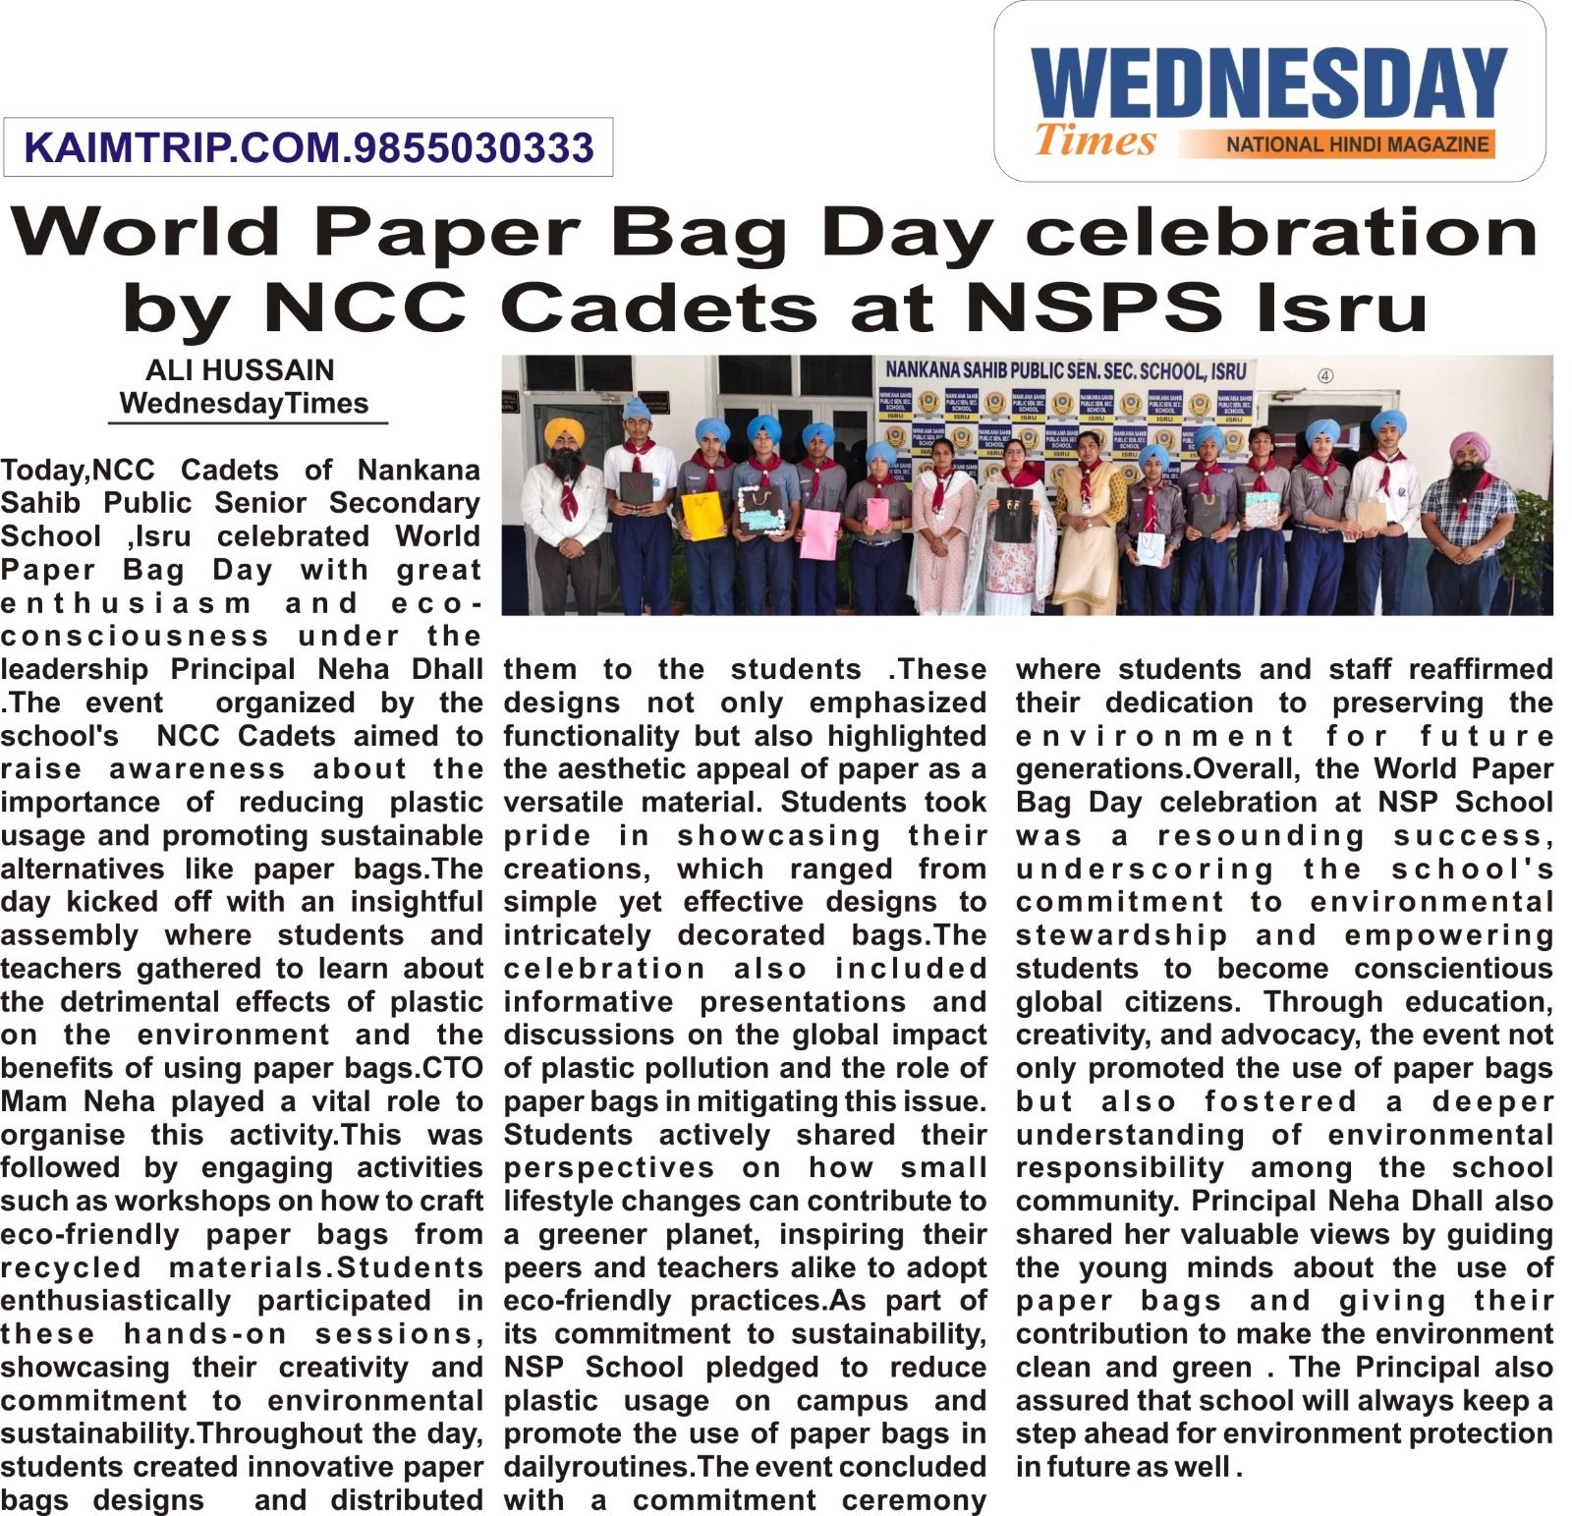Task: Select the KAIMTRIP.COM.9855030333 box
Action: coord(309,147)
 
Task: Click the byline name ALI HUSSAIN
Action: coord(240,370)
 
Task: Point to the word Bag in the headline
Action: coord(701,233)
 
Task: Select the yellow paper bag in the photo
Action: coord(702,517)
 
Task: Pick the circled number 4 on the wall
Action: coord(1325,375)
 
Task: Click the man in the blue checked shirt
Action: coord(1470,521)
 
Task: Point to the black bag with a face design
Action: coord(1012,515)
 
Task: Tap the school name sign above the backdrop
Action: coord(1065,370)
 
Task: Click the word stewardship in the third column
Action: coord(1121,935)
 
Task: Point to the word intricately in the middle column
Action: coord(578,935)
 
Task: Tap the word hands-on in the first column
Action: coord(205,1334)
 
